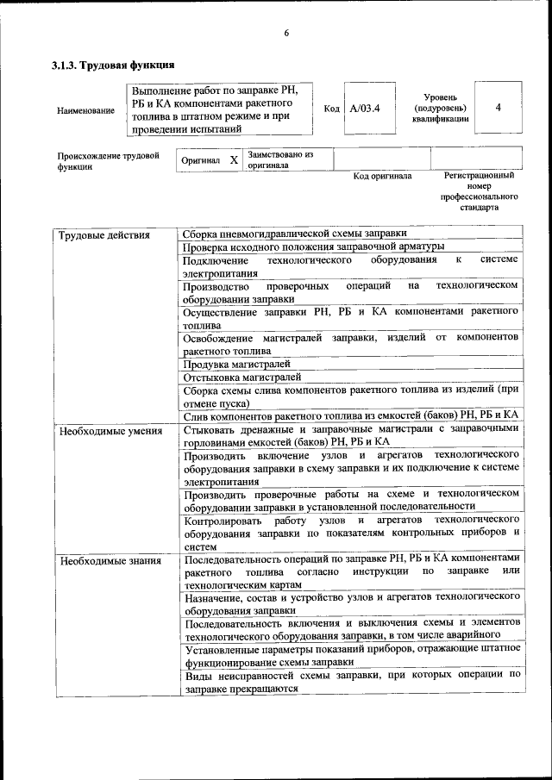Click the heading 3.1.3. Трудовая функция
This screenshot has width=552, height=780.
point(113,65)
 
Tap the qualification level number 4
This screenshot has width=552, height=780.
point(499,107)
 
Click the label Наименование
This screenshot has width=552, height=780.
point(85,110)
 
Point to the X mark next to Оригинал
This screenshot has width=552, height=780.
point(234,160)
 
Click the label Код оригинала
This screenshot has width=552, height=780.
point(383,176)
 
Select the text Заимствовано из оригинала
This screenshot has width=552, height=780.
point(279,159)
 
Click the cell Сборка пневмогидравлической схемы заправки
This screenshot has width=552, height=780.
point(295,234)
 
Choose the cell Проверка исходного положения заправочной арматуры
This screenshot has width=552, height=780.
point(314,247)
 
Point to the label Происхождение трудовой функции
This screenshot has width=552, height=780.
point(108,161)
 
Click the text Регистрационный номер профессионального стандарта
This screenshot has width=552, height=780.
point(479,190)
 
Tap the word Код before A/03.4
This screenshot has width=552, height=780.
point(331,109)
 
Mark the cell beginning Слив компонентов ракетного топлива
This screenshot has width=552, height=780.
point(350,415)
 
